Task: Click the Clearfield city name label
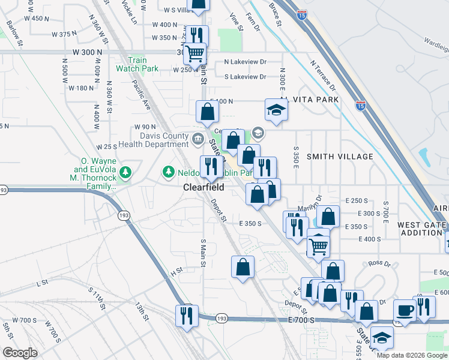pos(203,187)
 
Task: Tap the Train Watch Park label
pos(137,64)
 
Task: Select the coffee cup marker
pos(405,311)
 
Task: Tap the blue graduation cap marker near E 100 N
pos(275,110)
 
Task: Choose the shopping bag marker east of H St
pos(243,267)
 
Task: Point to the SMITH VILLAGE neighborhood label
pos(340,157)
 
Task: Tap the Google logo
pos(20,353)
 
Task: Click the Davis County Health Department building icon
pos(197,139)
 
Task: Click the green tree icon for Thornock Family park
pos(125,173)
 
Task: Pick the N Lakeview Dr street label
pos(245,62)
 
